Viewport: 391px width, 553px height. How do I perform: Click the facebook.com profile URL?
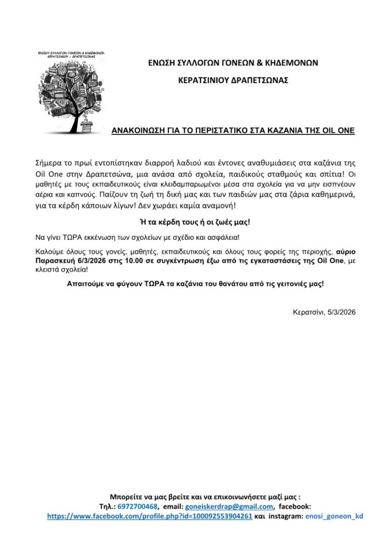150,516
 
